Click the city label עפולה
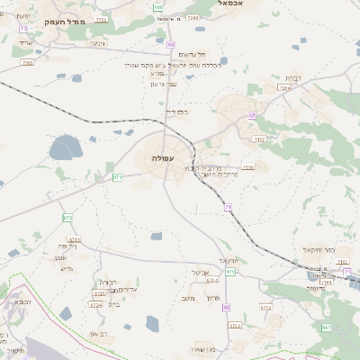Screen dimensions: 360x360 163,158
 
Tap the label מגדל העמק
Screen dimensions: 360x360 65,21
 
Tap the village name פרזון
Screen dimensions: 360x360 212,297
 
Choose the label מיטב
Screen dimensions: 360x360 186,299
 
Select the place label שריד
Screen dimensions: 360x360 24,42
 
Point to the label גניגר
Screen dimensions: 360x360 98,42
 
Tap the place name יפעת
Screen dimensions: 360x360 24,15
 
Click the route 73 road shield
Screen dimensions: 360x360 23,29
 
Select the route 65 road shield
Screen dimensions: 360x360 253,115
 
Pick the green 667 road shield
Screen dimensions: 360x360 326,328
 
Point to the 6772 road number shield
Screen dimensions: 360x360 265,307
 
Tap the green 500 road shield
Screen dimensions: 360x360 158,7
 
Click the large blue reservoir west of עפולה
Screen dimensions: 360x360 65,147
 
